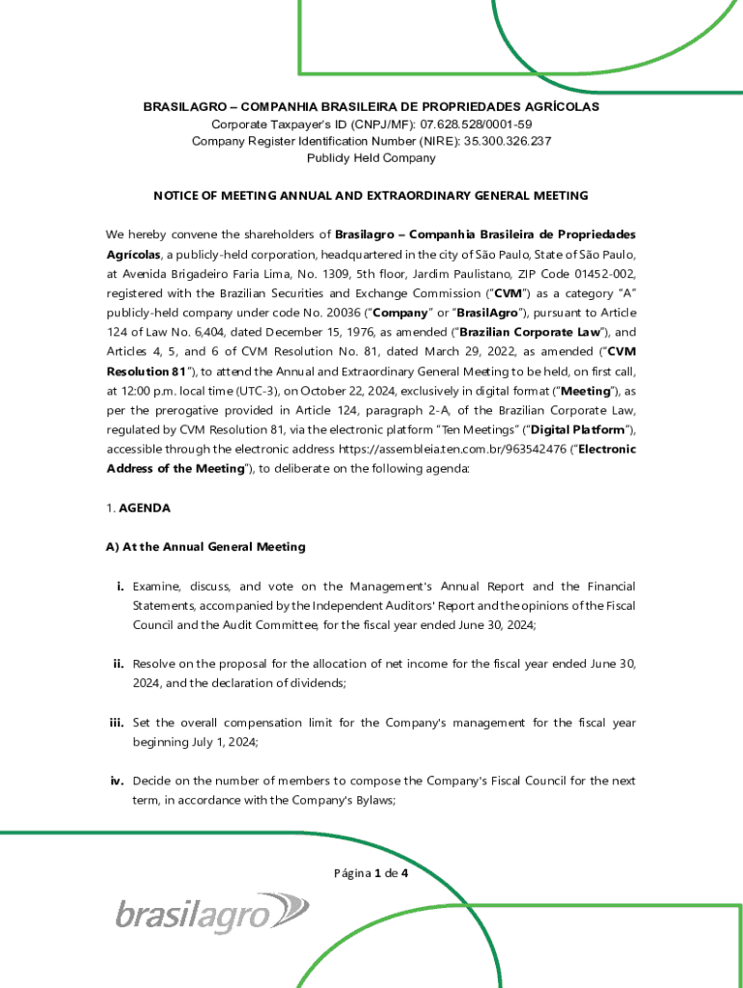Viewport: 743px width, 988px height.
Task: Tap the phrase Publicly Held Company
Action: point(371,158)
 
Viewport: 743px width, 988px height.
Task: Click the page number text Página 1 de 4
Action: point(371,874)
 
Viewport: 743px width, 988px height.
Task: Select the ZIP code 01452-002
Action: point(594,273)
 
